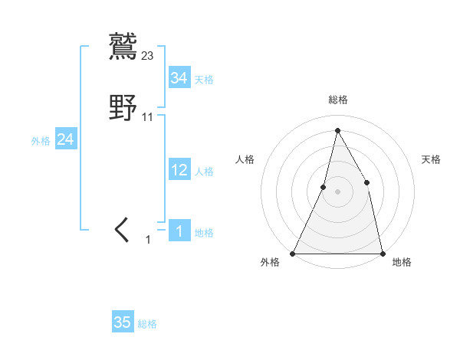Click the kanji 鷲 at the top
(123, 45)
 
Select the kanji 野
(123, 106)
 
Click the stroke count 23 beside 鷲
(148, 55)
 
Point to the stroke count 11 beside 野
(148, 117)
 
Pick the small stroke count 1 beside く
(148, 240)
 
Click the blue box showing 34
(179, 77)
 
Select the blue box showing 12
(179, 170)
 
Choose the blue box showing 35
(123, 322)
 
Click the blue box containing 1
(179, 231)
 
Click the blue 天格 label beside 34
(204, 79)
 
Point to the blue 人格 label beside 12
(204, 172)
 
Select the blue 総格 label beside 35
(147, 324)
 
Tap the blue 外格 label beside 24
(41, 141)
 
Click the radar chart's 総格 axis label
(337, 100)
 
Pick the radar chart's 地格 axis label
(402, 262)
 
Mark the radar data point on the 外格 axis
(293, 253)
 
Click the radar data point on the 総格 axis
(337, 129)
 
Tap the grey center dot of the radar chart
(337, 191)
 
